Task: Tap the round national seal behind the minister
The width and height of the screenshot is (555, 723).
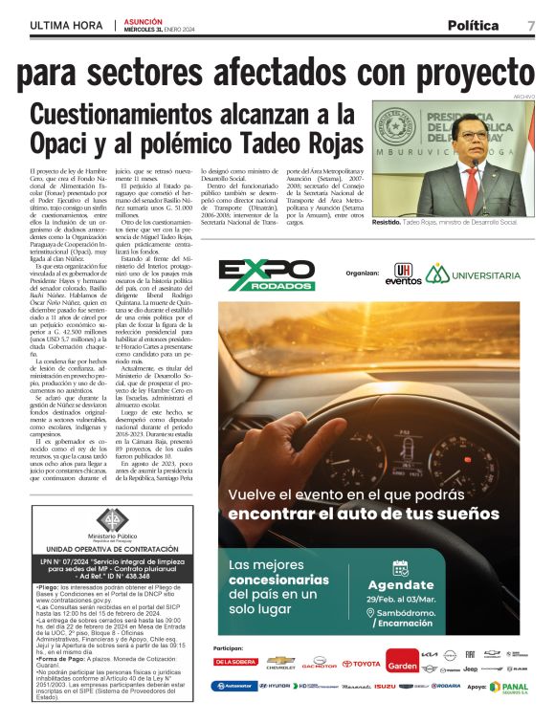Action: tap(390, 126)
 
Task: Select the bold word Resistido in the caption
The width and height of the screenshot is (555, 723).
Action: tap(386, 222)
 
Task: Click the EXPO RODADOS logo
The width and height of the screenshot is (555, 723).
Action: tap(266, 274)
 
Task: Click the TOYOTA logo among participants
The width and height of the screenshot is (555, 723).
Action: tap(361, 663)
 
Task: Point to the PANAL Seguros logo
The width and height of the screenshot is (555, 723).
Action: tap(508, 686)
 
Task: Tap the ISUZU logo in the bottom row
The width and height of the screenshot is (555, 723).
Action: tap(385, 687)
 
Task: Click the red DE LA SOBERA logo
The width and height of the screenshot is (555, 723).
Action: tap(236, 662)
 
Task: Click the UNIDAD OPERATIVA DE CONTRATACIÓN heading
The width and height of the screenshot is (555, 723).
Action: tap(113, 549)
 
